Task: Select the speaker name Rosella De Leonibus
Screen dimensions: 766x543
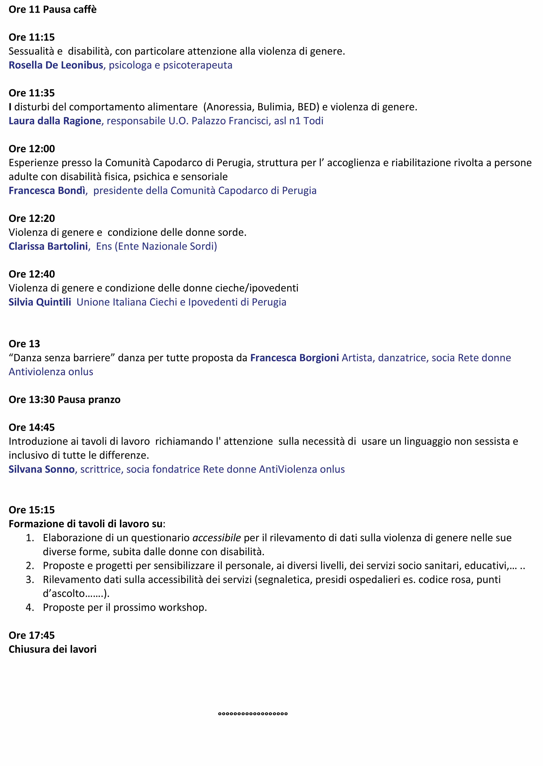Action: pos(56,65)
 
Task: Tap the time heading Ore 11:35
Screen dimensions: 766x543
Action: pos(32,93)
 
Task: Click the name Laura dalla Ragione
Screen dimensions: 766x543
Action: pos(55,121)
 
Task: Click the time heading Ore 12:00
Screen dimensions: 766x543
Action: pos(32,149)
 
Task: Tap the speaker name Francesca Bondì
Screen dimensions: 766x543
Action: pos(47,191)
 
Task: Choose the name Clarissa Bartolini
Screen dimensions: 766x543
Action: pos(48,246)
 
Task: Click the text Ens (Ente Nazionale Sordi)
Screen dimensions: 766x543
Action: pos(156,246)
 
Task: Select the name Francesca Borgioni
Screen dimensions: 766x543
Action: pos(295,358)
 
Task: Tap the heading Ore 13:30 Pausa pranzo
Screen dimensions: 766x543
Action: pos(64,400)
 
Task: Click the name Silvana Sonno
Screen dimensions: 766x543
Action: pos(41,469)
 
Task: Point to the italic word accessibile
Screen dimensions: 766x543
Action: pos(217,538)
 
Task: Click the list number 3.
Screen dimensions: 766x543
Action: pos(30,580)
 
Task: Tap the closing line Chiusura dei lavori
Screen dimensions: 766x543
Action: pos(53,649)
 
